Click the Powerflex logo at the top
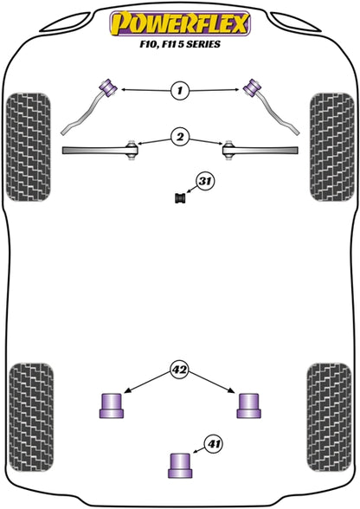(180, 23)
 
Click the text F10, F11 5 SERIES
(180, 44)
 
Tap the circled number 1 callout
(180, 90)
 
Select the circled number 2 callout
(180, 137)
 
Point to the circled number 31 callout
(204, 182)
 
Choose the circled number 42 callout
(180, 370)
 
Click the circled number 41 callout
(213, 444)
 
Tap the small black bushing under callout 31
(180, 198)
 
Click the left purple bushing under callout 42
(112, 405)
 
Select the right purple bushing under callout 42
(249, 405)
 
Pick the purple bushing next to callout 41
(180, 465)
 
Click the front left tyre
(29, 147)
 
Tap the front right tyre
(331, 147)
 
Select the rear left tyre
(31, 417)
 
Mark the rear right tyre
(329, 417)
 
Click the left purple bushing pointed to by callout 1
(108, 87)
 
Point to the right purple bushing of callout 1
(252, 87)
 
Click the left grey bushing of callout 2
(132, 150)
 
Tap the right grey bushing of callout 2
(228, 150)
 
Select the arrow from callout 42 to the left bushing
(148, 383)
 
